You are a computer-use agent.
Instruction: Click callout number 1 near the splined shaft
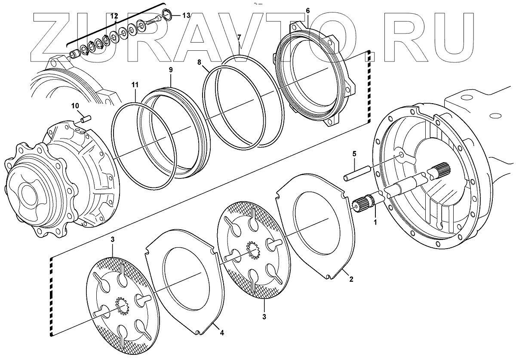point(375,222)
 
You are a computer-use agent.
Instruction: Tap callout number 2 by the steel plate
point(351,279)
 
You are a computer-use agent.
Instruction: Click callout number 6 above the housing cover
point(307,10)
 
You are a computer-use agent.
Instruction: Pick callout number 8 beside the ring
point(199,62)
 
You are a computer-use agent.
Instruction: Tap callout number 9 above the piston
point(170,69)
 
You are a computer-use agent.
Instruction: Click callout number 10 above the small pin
point(75,106)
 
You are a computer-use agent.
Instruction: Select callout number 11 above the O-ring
point(135,86)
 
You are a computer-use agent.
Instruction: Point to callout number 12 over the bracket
point(114,16)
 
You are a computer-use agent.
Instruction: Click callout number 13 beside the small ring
point(186,15)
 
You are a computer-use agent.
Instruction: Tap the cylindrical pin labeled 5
point(357,172)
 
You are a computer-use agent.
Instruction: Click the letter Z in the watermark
point(52,39)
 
